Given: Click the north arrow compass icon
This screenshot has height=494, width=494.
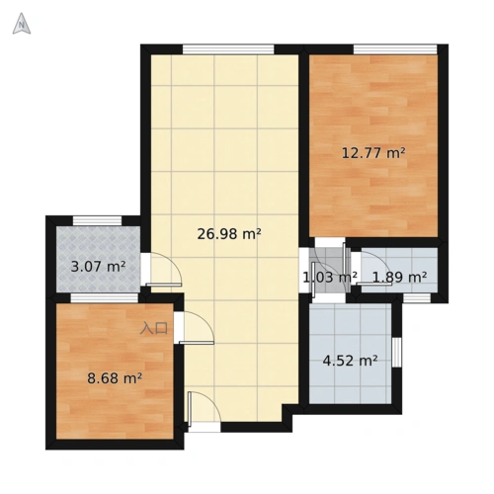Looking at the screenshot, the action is [22, 24].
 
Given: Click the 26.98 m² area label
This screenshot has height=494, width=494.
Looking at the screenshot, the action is [229, 234].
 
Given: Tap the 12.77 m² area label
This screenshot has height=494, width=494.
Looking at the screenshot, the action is [373, 153].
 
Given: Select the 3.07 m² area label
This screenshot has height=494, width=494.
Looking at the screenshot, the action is [98, 267].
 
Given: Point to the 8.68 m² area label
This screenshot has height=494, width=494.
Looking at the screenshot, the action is [115, 378].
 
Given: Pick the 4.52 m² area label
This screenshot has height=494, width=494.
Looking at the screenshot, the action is [350, 361].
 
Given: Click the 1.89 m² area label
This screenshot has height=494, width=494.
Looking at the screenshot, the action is [399, 278].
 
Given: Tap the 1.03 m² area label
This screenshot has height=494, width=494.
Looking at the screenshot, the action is [330, 278].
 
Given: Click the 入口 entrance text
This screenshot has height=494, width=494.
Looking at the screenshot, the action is [154, 328].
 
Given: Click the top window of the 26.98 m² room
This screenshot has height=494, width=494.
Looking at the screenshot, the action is [228, 49].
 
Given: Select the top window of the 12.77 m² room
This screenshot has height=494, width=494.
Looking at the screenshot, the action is [395, 49].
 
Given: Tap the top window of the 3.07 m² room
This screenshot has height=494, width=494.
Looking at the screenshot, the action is [97, 220].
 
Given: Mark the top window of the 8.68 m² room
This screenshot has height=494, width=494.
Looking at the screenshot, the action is [104, 298].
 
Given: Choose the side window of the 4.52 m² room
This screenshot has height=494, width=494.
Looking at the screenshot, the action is [397, 352].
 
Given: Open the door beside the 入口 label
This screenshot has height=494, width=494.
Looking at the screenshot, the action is [197, 328].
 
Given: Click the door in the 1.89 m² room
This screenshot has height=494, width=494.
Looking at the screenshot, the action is [375, 268].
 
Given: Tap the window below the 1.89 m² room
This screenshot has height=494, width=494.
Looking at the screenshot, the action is [417, 298].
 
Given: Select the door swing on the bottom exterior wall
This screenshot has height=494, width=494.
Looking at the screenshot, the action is [205, 408].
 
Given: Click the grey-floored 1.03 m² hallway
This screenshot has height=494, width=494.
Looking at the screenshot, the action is [327, 270].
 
